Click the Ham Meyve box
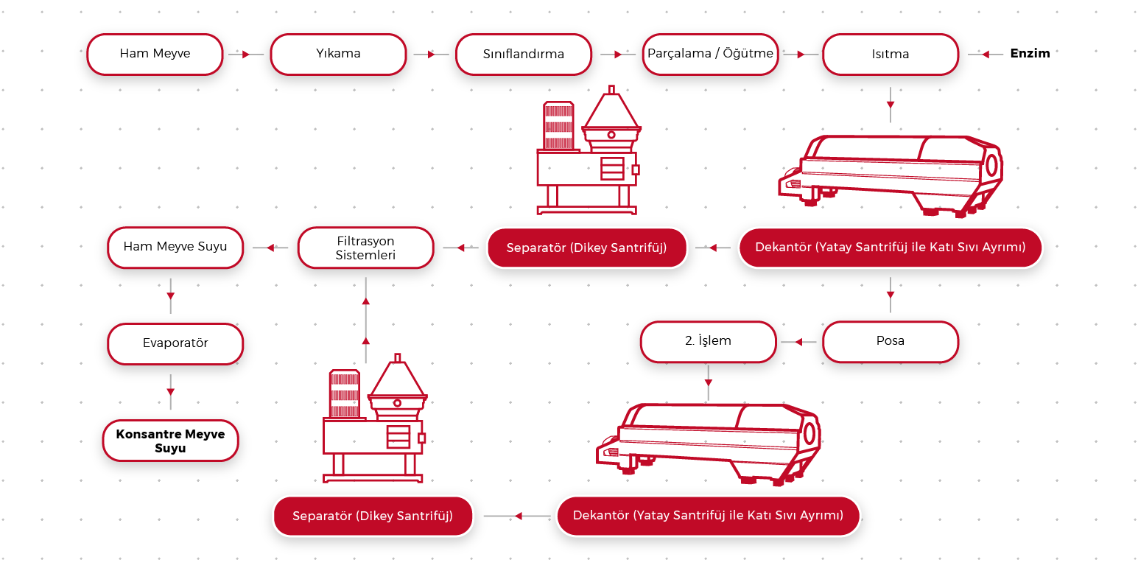pos(155,54)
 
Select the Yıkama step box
pos(338,54)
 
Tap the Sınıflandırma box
pos(523,54)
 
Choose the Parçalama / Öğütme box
pos(710,54)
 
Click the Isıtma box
pos(890,54)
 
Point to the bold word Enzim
pos(1030,53)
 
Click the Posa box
pos(890,341)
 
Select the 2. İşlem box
pos(708,341)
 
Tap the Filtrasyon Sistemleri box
pos(365,248)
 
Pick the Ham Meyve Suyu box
pos(175,247)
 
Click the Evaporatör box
pos(175,343)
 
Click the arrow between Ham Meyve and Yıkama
pos(245,54)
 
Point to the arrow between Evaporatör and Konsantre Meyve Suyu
pos(170,390)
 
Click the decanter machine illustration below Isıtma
pos(891,175)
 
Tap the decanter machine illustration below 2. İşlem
pos(709,442)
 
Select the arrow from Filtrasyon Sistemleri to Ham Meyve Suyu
pos(270,248)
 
